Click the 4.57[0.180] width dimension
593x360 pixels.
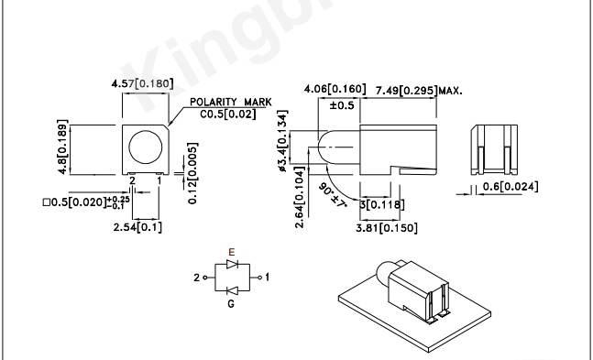[143, 83]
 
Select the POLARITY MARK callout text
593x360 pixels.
[231, 102]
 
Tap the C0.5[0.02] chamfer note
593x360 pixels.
[228, 114]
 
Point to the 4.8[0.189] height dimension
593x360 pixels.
[62, 147]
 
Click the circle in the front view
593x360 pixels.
[146, 147]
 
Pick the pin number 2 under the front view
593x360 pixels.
[132, 180]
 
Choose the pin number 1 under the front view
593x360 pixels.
[159, 180]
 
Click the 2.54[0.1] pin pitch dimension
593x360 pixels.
[137, 227]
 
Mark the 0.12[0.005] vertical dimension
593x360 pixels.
[192, 173]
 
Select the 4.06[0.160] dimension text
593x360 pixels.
[335, 89]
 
